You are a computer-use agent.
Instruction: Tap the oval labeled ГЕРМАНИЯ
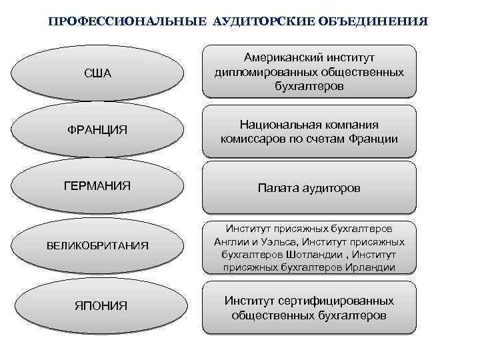click(x=97, y=185)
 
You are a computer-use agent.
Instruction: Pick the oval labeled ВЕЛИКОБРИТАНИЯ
click(x=97, y=246)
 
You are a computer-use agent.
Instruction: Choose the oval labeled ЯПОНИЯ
click(x=97, y=306)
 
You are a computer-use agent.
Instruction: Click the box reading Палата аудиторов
click(x=309, y=189)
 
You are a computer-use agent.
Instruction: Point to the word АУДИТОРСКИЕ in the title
click(x=257, y=21)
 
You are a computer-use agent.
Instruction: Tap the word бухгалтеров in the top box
click(x=309, y=86)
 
